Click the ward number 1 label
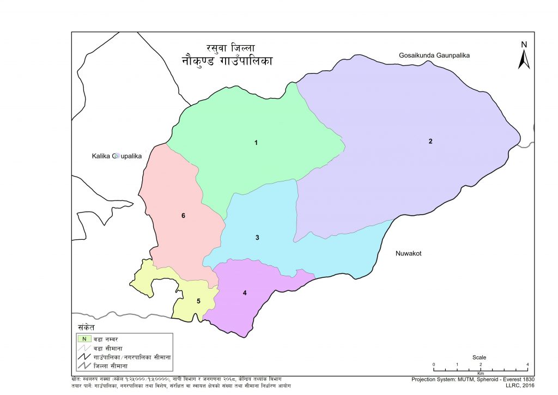256,143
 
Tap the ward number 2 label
430,142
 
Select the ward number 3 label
257,238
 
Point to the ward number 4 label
245,293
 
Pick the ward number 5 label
198,301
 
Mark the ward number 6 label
184,216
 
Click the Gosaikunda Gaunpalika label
434,56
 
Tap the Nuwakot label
409,254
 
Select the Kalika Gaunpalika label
116,156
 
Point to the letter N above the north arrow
524,45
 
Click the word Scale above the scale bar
480,357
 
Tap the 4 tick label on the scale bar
527,364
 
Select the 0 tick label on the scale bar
433,364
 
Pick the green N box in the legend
84,339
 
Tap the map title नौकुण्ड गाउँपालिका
227,60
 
